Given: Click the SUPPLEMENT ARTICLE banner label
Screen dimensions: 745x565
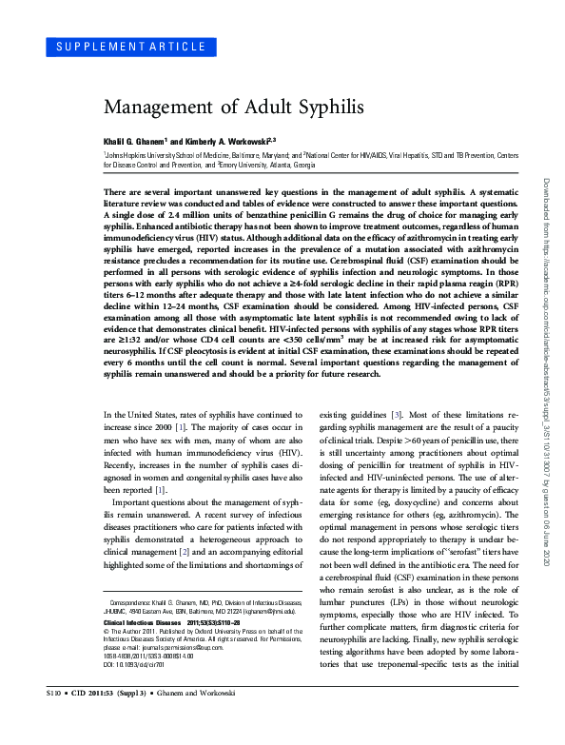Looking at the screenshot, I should tap(126, 46).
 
